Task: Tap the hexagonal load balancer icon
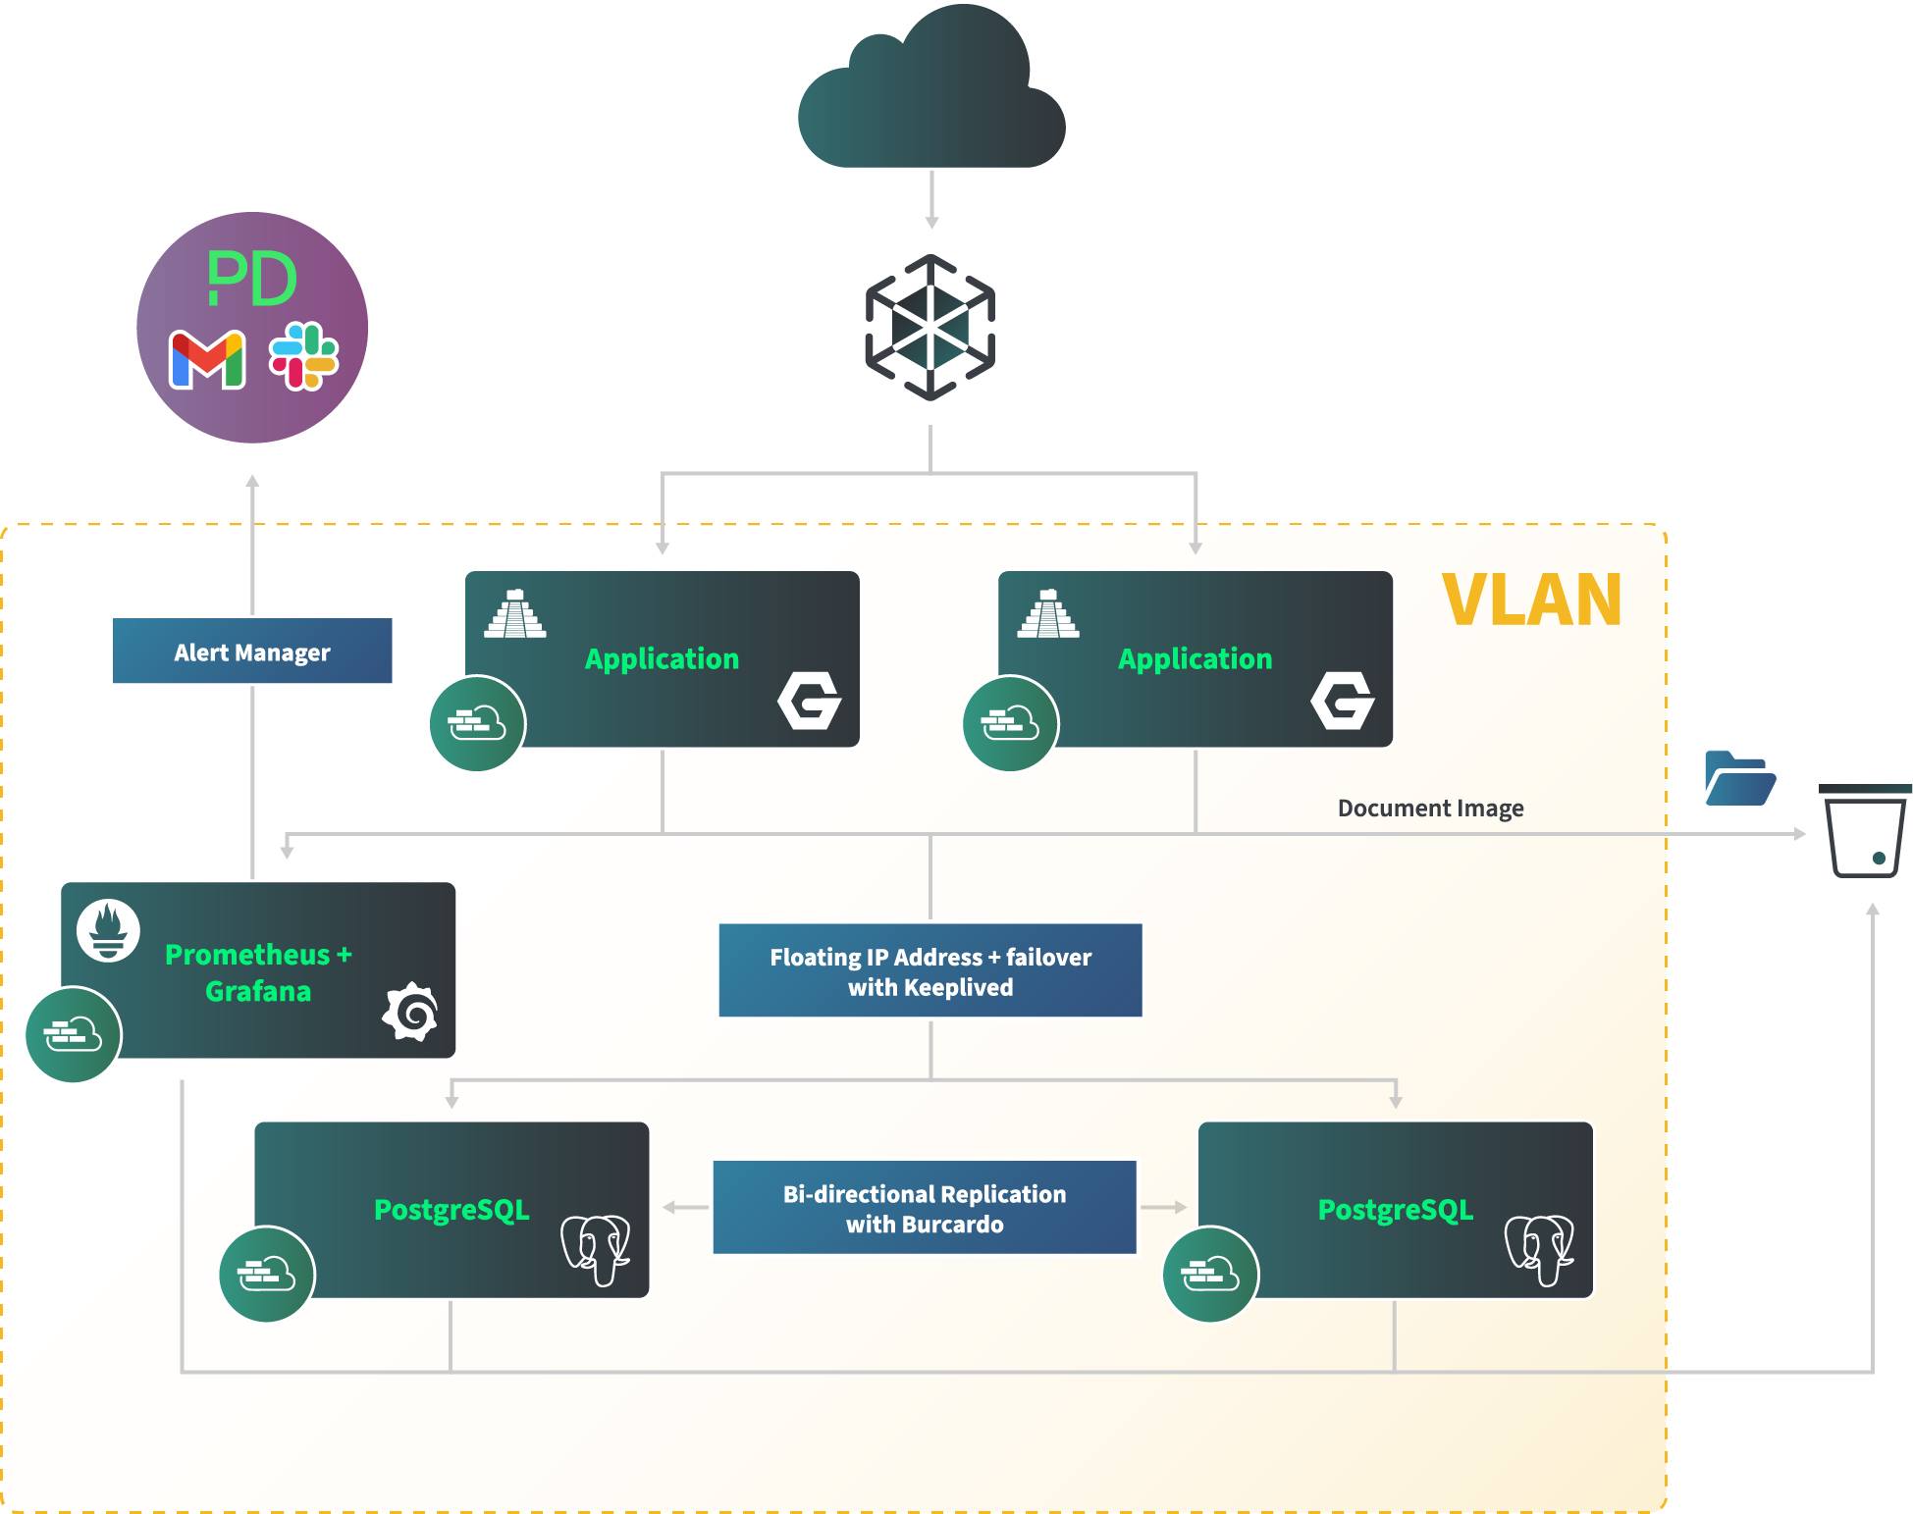coord(930,328)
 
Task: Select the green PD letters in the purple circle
coord(251,279)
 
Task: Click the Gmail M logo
coord(207,359)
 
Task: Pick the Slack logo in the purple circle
coord(304,356)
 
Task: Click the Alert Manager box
coord(252,652)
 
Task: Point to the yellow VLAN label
coord(1530,600)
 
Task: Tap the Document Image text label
coord(1430,809)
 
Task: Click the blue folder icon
coord(1739,779)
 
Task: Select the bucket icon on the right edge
coord(1864,831)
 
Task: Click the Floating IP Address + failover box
coord(930,970)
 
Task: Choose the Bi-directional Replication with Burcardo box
coord(924,1208)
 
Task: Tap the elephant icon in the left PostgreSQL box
coord(596,1248)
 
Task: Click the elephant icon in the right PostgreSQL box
coord(1539,1248)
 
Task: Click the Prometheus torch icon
coord(108,930)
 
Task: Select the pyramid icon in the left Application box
coord(515,614)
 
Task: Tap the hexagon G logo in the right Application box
coord(1342,701)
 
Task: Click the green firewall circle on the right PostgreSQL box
coord(1209,1275)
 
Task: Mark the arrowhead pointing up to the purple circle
coord(252,481)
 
